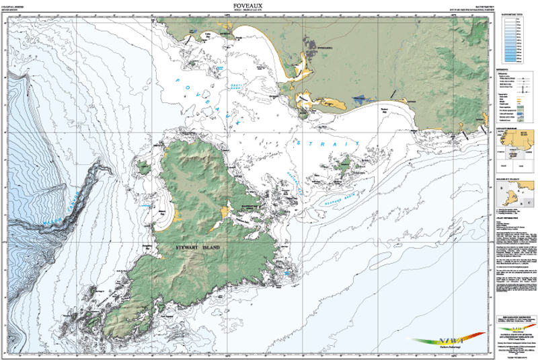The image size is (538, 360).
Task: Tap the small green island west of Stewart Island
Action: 143,167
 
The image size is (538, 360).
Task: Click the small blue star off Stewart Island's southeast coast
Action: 288,273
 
